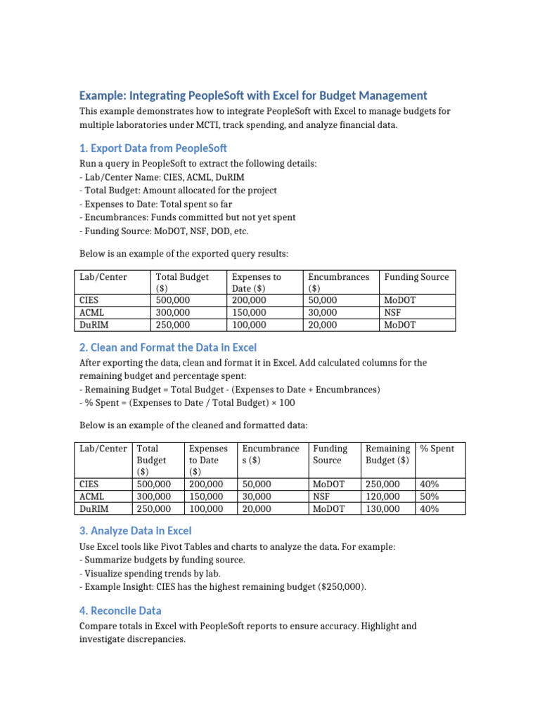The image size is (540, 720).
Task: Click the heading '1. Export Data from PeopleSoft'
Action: coord(153,148)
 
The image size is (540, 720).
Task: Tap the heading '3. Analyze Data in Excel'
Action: coord(135,531)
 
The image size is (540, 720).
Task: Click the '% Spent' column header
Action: coord(437,449)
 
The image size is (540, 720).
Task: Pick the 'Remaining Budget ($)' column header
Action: coord(387,454)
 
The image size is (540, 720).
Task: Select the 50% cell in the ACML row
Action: coord(429,496)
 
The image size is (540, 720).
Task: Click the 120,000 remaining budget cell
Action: coord(383,496)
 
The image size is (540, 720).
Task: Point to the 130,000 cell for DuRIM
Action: coord(383,508)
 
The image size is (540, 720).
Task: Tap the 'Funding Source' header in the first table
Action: coord(416,277)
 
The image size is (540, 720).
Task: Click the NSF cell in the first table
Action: coord(392,312)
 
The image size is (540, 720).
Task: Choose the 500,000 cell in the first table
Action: coord(172,300)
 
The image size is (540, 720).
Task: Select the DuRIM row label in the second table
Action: coord(94,508)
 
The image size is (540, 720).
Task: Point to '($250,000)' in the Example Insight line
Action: coord(341,586)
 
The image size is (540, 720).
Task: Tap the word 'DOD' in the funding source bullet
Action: coord(206,231)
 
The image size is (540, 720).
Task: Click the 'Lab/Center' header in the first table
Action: coord(103,277)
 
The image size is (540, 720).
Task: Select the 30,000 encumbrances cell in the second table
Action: coord(259,496)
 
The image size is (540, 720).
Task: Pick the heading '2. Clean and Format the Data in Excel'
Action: coord(168,347)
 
